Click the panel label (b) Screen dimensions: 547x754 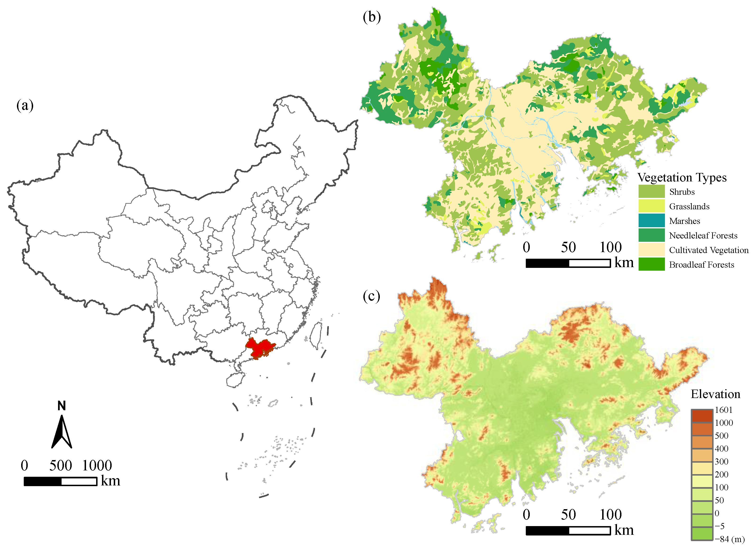(372, 17)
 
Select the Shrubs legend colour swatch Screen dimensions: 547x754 (651, 192)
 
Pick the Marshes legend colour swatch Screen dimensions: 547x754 (651, 221)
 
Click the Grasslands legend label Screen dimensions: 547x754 (689, 206)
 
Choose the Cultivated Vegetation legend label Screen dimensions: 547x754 (708, 250)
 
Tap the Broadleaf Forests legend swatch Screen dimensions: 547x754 (651, 265)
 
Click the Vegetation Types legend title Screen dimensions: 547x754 (682, 177)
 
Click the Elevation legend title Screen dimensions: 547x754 (715, 394)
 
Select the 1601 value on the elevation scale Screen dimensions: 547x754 (723, 410)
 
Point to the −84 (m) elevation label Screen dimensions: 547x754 (729, 539)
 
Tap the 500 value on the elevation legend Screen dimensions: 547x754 (721, 436)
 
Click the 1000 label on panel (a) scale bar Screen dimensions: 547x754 (97, 465)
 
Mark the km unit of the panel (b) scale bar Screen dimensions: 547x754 (624, 262)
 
